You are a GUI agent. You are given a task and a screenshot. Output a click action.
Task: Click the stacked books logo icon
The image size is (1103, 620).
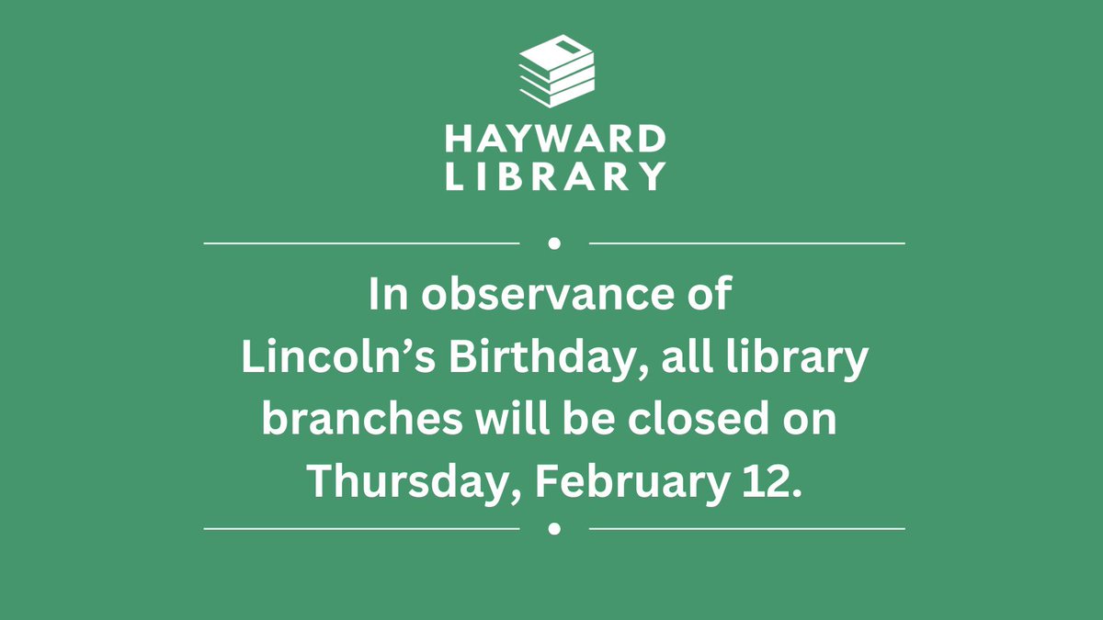(x=556, y=70)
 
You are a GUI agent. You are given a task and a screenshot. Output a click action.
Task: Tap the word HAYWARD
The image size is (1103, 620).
(x=555, y=140)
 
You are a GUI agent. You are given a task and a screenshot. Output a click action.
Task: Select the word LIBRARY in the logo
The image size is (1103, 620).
(x=555, y=175)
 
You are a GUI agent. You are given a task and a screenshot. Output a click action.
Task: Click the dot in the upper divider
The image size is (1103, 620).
(x=554, y=243)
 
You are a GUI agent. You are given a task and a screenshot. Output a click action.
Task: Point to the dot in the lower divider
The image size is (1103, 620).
(x=554, y=529)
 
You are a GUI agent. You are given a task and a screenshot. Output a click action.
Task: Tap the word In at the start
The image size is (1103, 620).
(x=385, y=296)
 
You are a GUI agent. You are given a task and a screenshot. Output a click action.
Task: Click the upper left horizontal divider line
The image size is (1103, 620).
(x=361, y=243)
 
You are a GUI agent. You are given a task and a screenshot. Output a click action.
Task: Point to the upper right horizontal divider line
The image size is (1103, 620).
(x=746, y=243)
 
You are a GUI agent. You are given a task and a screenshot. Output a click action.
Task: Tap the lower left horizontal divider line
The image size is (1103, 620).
(x=361, y=529)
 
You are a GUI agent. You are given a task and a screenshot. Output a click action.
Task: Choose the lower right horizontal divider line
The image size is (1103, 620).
(x=746, y=529)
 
